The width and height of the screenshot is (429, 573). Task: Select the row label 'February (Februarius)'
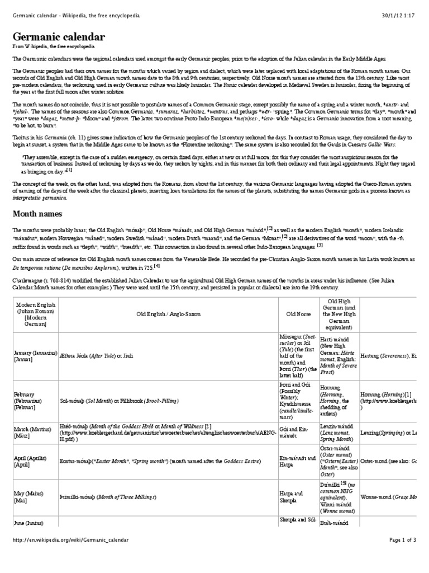[x=34, y=401]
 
